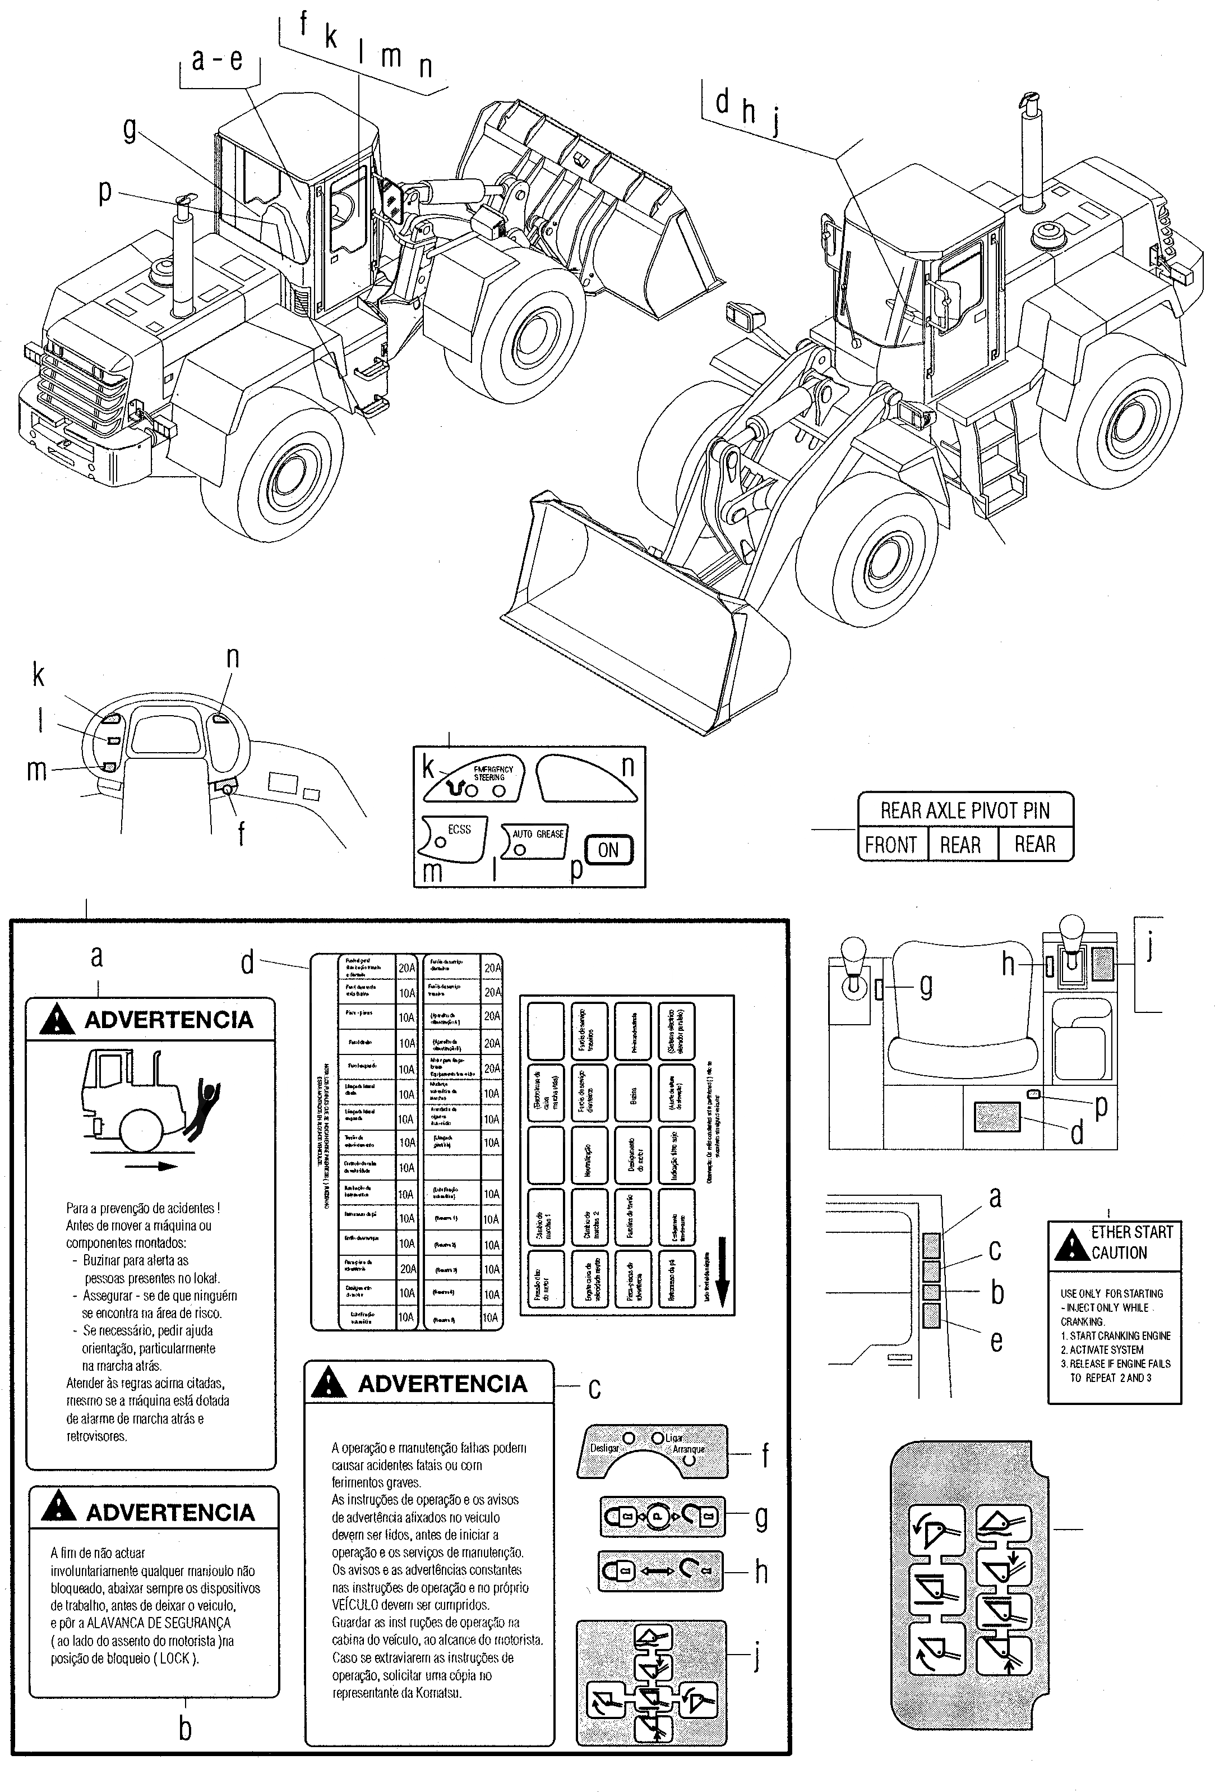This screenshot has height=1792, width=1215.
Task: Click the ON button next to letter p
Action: click(608, 850)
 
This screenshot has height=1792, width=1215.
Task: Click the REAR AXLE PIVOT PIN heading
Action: click(965, 810)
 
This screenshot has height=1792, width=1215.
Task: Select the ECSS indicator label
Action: click(460, 830)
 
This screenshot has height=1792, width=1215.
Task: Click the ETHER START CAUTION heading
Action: click(1131, 1242)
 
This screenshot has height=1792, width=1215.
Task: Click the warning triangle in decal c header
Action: click(329, 1383)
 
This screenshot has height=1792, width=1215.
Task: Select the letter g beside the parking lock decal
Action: click(926, 985)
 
